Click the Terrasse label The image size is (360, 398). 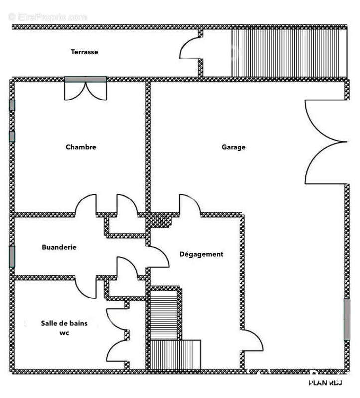click(84, 52)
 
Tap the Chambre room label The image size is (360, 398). click(81, 147)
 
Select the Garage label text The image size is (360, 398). click(234, 147)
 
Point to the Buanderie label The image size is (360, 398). click(59, 247)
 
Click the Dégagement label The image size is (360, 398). click(201, 254)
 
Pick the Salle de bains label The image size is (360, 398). click(64, 323)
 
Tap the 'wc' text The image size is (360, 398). click(64, 333)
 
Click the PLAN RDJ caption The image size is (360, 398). click(326, 383)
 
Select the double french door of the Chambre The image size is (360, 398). click(86, 90)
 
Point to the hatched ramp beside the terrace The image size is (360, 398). click(288, 52)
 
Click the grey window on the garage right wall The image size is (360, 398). click(347, 319)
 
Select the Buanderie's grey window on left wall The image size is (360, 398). click(12, 256)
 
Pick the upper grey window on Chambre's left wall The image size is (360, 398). click(12, 105)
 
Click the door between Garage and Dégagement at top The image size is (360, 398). click(190, 205)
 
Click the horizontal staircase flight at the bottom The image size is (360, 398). click(175, 355)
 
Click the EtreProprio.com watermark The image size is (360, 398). click(48, 17)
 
